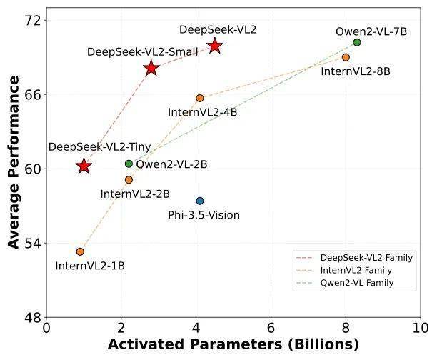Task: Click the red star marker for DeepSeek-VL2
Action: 215,46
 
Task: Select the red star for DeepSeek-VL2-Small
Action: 151,68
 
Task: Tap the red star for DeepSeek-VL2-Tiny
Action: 84,166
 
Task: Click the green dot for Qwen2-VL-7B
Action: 357,42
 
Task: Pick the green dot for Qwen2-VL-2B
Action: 129,164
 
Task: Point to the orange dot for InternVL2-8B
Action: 346,57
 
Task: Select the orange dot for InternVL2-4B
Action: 200,98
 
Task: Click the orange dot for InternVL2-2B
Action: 129,180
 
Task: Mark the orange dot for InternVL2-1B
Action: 80,251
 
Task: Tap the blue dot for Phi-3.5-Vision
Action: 200,201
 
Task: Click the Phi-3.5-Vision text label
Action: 204,215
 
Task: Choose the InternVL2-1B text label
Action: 90,266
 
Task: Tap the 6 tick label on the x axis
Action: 271,328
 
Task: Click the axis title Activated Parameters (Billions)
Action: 233,345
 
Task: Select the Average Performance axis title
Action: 14,169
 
